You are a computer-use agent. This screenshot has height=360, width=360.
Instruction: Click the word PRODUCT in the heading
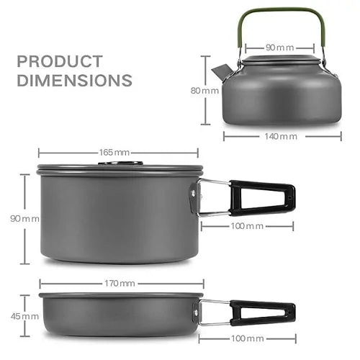[x=60, y=61]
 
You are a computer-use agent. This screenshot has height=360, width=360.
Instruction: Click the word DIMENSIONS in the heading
[x=74, y=79]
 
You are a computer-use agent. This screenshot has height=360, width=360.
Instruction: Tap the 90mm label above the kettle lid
[x=279, y=48]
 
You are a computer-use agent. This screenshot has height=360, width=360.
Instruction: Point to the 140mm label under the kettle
[x=279, y=135]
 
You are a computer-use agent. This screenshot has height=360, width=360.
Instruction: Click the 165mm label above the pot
[x=117, y=152]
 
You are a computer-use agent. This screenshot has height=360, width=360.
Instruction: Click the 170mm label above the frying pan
[x=117, y=283]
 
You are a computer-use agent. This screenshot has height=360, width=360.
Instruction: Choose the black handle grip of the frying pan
[x=262, y=312]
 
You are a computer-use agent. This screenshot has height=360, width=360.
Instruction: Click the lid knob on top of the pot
[x=119, y=163]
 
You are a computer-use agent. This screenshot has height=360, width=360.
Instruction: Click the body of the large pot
[x=115, y=216]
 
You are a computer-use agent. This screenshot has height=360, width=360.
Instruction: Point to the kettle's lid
[x=278, y=60]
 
